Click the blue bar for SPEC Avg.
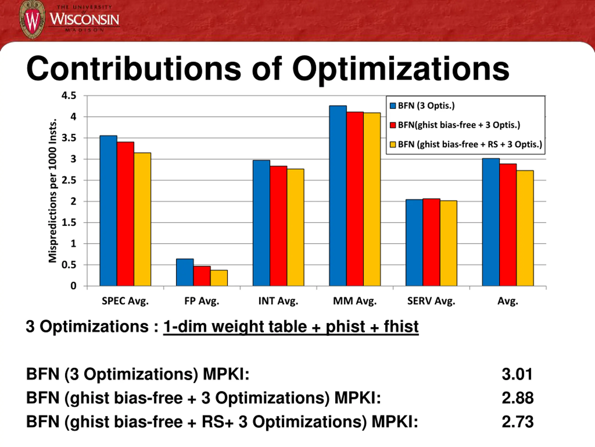pyautogui.click(x=108, y=210)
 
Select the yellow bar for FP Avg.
pyautogui.click(x=219, y=278)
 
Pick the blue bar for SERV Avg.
pyautogui.click(x=414, y=243)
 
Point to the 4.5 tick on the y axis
pyautogui.click(x=69, y=96)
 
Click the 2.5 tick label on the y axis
pyautogui.click(x=69, y=180)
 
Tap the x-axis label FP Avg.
pyautogui.click(x=202, y=301)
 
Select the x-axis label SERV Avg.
pyautogui.click(x=431, y=301)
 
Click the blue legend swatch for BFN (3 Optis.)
pyautogui.click(x=393, y=106)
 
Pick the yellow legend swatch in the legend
pyautogui.click(x=393, y=145)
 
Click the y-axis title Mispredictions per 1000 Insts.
pyautogui.click(x=53, y=191)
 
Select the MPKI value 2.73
pyautogui.click(x=518, y=422)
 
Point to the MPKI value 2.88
pyautogui.click(x=518, y=398)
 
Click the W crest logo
pyautogui.click(x=32, y=20)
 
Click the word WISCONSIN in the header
pyautogui.click(x=84, y=19)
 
